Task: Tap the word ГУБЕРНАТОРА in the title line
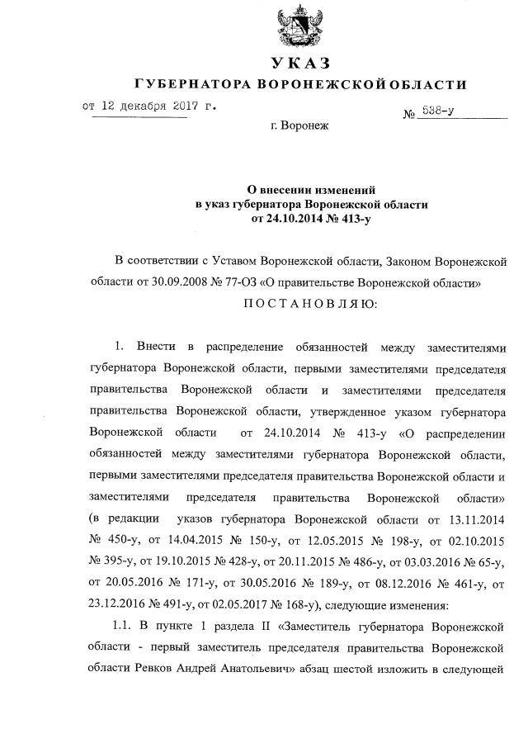(x=192, y=85)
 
